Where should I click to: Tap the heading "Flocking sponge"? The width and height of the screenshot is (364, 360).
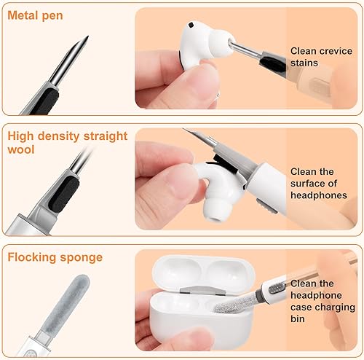coord(55,257)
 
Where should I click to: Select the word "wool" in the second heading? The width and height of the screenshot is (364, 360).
coord(23,150)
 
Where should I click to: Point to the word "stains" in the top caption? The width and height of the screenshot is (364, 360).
coord(304,63)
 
